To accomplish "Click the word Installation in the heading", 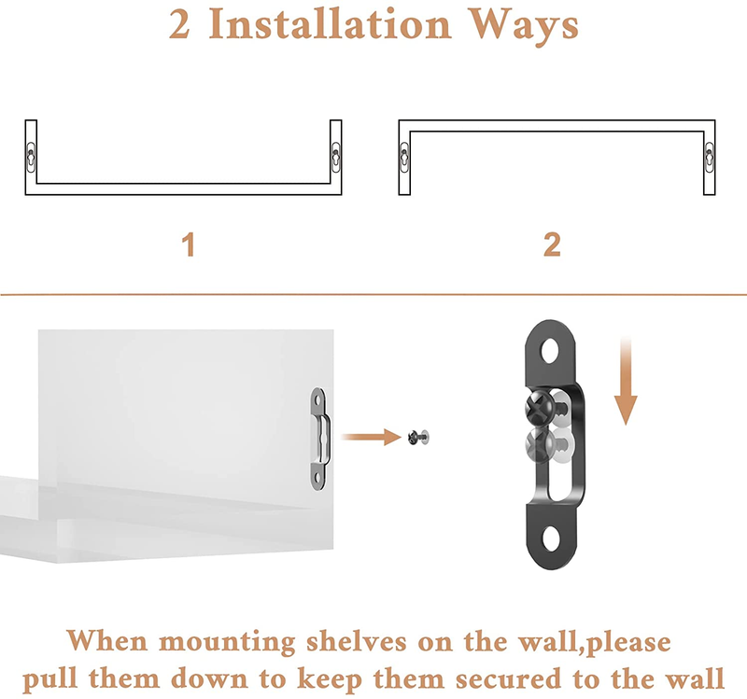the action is [330, 24].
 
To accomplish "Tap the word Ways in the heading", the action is [524, 27].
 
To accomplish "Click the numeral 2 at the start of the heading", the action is [179, 25].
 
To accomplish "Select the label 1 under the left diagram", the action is [189, 245].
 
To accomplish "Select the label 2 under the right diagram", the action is [552, 245].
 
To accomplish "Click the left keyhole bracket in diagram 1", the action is [31, 157].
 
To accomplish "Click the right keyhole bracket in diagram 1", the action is [336, 157].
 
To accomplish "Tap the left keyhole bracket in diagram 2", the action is [404, 157].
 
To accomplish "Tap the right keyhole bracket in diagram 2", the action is [710, 157].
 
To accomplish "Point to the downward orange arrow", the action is [626, 381].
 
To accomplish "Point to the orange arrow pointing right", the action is [372, 437].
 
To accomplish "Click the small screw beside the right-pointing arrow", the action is [418, 437].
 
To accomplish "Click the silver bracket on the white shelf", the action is [319, 439].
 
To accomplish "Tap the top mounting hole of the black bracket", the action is [549, 351].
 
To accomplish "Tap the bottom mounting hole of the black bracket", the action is [551, 539].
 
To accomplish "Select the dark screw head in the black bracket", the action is [540, 407].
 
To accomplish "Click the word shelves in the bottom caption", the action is [357, 642].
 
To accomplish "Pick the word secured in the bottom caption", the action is [508, 679].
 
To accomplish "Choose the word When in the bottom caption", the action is [107, 642].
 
